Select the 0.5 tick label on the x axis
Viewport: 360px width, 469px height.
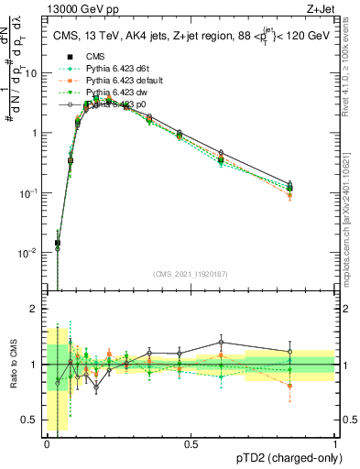[x=191, y=444]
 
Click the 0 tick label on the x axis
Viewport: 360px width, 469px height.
[x=47, y=444]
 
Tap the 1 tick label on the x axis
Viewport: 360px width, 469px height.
[x=334, y=444]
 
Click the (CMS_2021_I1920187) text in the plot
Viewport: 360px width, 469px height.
[x=191, y=274]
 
